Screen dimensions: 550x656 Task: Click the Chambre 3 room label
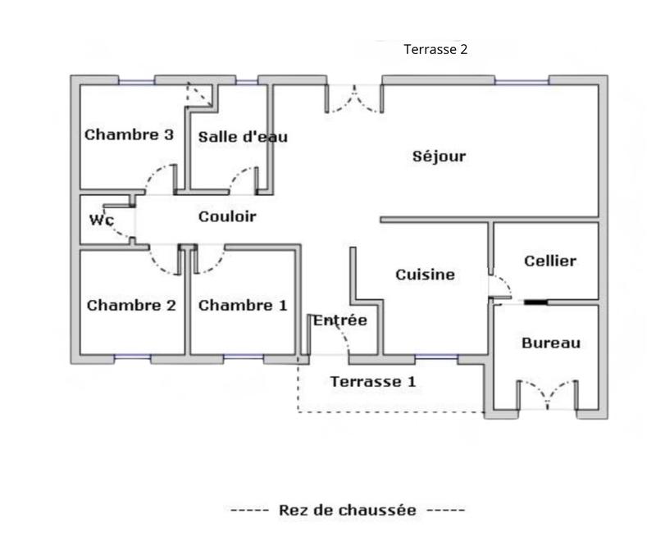point(129,134)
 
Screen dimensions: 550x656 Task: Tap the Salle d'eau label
point(243,137)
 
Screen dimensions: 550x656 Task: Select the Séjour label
point(439,156)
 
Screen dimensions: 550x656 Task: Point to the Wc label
point(101,220)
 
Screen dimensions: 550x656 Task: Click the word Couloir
point(227,216)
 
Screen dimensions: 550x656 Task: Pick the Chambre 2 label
point(131,306)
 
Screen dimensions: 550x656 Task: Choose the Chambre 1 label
point(243,306)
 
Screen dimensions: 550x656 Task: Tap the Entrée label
point(340,320)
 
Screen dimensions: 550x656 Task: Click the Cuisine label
point(425,275)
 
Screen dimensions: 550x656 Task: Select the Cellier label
point(550,261)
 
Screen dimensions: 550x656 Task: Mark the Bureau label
point(551,343)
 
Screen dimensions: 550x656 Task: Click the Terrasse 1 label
point(373,381)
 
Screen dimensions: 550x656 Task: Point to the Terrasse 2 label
point(435,49)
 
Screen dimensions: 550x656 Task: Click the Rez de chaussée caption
point(348,510)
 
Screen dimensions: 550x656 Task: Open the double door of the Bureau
point(548,393)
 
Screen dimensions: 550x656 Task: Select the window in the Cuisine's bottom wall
point(436,358)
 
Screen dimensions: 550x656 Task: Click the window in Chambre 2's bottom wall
point(132,358)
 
